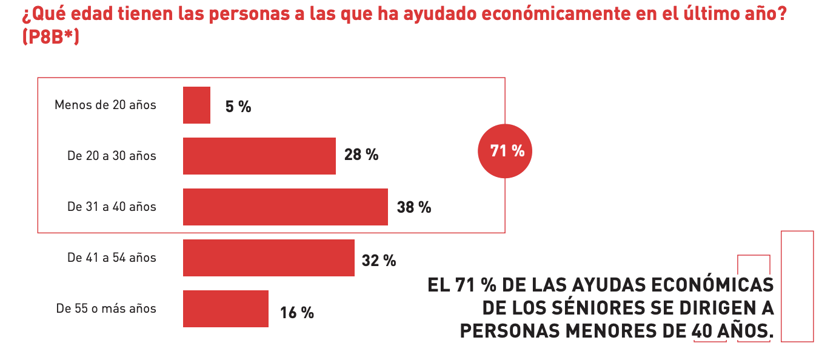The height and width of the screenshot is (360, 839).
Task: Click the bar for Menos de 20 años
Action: tap(196, 105)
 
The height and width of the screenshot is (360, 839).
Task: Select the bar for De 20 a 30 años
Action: tap(259, 156)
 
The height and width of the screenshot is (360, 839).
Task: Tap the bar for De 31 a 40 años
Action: tap(286, 207)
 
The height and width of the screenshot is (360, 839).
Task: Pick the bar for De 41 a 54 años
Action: tap(269, 258)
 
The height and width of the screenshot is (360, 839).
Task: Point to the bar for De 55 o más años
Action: tap(226, 309)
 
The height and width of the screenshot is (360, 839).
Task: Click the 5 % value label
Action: tap(238, 107)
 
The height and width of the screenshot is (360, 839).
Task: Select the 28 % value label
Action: tap(361, 155)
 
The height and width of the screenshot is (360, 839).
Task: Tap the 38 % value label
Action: tap(414, 207)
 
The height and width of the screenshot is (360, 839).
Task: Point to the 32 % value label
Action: tap(379, 261)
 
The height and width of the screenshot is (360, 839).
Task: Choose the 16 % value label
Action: tap(297, 313)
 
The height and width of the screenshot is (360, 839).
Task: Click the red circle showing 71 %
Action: tap(507, 151)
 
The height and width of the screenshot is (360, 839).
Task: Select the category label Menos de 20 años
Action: tap(105, 105)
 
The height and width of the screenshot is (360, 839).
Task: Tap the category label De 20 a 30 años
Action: tap(112, 156)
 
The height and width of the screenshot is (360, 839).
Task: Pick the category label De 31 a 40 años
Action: tap(112, 207)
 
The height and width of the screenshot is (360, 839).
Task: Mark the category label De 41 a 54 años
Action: tap(112, 258)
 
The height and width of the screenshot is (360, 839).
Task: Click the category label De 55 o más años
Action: tap(106, 309)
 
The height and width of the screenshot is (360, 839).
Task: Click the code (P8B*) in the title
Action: tap(51, 38)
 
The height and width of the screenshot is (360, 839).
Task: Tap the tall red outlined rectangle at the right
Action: tap(797, 286)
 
